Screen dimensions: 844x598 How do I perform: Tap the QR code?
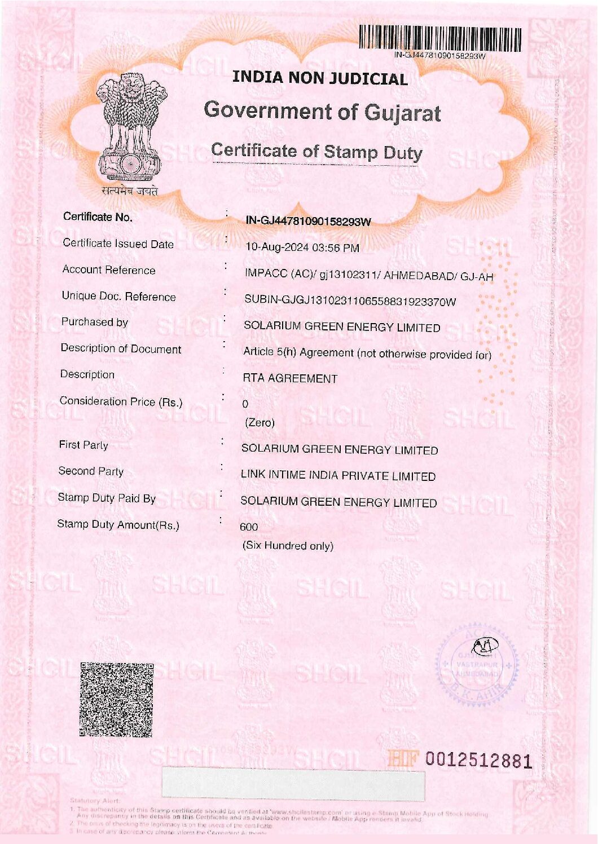click(116, 700)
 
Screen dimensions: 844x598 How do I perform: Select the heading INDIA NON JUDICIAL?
click(320, 78)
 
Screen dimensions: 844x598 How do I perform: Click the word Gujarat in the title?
click(402, 113)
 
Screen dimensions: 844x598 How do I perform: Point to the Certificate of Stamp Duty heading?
click(316, 151)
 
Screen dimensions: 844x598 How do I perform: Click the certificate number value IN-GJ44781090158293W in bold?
click(309, 221)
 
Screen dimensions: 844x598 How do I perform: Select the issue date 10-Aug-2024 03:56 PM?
click(302, 248)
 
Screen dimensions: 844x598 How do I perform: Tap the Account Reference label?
click(109, 270)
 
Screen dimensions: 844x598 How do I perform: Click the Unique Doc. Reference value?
click(350, 301)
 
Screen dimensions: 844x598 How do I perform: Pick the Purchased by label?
click(95, 322)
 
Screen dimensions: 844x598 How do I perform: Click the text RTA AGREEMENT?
click(290, 378)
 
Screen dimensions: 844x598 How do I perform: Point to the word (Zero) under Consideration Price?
click(260, 422)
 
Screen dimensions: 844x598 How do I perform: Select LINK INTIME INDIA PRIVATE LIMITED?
click(338, 476)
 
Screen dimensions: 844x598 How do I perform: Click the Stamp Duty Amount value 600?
click(249, 527)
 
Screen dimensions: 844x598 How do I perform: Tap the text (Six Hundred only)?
click(288, 546)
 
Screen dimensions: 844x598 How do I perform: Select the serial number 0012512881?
click(478, 761)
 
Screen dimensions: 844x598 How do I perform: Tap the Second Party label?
click(91, 471)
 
